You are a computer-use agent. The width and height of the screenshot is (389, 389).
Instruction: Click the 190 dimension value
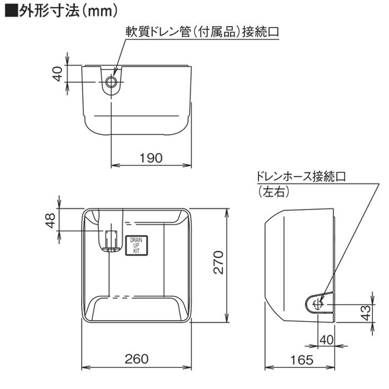(151, 158)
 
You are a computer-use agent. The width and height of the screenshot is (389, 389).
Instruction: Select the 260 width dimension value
(137, 359)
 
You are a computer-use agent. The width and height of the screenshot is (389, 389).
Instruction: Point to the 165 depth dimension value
(302, 359)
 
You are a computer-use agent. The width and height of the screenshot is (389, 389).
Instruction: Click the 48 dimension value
(51, 221)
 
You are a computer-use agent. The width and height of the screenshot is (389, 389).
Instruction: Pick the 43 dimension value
(366, 313)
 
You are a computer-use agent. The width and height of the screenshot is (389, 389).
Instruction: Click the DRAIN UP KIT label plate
(136, 245)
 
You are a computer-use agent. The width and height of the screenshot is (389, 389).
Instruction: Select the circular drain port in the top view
(112, 83)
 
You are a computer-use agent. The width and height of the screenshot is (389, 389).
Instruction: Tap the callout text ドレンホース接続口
(301, 177)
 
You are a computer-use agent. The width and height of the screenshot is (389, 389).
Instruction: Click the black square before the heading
(10, 11)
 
